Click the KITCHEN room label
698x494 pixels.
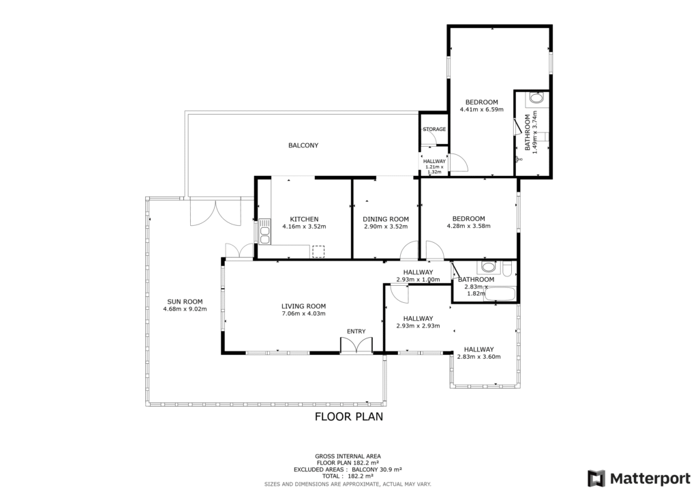point(304,219)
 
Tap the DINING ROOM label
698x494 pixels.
point(386,219)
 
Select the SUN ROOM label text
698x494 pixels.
point(185,302)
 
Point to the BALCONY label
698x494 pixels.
point(303,145)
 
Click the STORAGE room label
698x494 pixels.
point(434,129)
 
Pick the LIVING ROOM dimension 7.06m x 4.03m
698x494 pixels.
point(303,314)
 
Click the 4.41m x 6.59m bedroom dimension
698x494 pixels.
point(482,109)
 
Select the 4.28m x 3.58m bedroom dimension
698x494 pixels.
point(469,226)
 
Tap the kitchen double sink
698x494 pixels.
point(265,231)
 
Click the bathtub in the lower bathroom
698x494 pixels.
point(500,294)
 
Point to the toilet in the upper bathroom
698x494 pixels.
point(537,98)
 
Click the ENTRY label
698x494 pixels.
point(356,332)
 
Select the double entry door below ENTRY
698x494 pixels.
point(356,346)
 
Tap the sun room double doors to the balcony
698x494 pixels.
point(215,213)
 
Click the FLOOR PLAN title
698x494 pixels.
point(349,416)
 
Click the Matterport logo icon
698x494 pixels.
point(596,479)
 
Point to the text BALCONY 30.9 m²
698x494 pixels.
point(377,469)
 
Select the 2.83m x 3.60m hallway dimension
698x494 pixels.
point(479,356)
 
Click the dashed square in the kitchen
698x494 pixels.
point(318,252)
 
